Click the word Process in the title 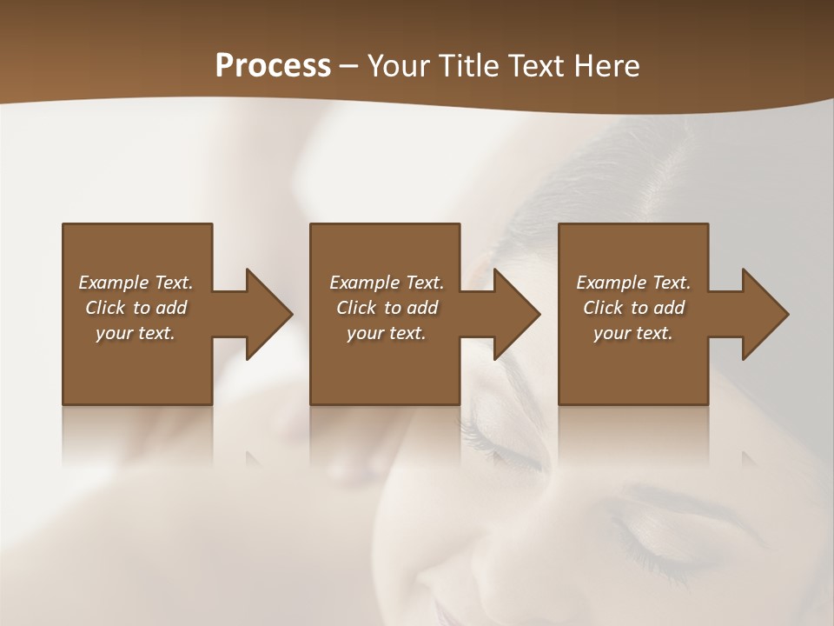click(273, 66)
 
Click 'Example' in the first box click(114, 283)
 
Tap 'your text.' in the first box click(136, 333)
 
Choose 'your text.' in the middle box click(387, 333)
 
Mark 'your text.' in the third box click(633, 333)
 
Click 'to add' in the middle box click(410, 308)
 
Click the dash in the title click(349, 66)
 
